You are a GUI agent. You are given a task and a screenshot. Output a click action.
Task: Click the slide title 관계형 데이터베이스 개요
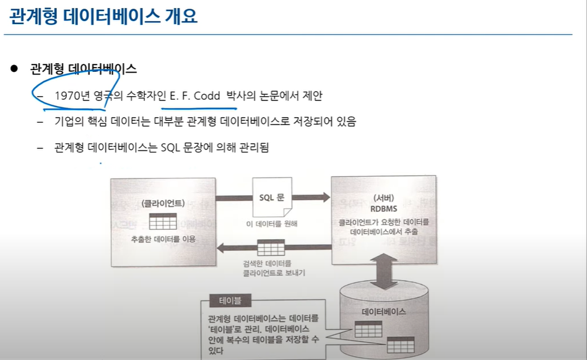click(x=103, y=16)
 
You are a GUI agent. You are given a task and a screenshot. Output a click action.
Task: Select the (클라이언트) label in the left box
click(x=163, y=203)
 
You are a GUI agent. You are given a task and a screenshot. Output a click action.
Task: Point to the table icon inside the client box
click(x=163, y=222)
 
